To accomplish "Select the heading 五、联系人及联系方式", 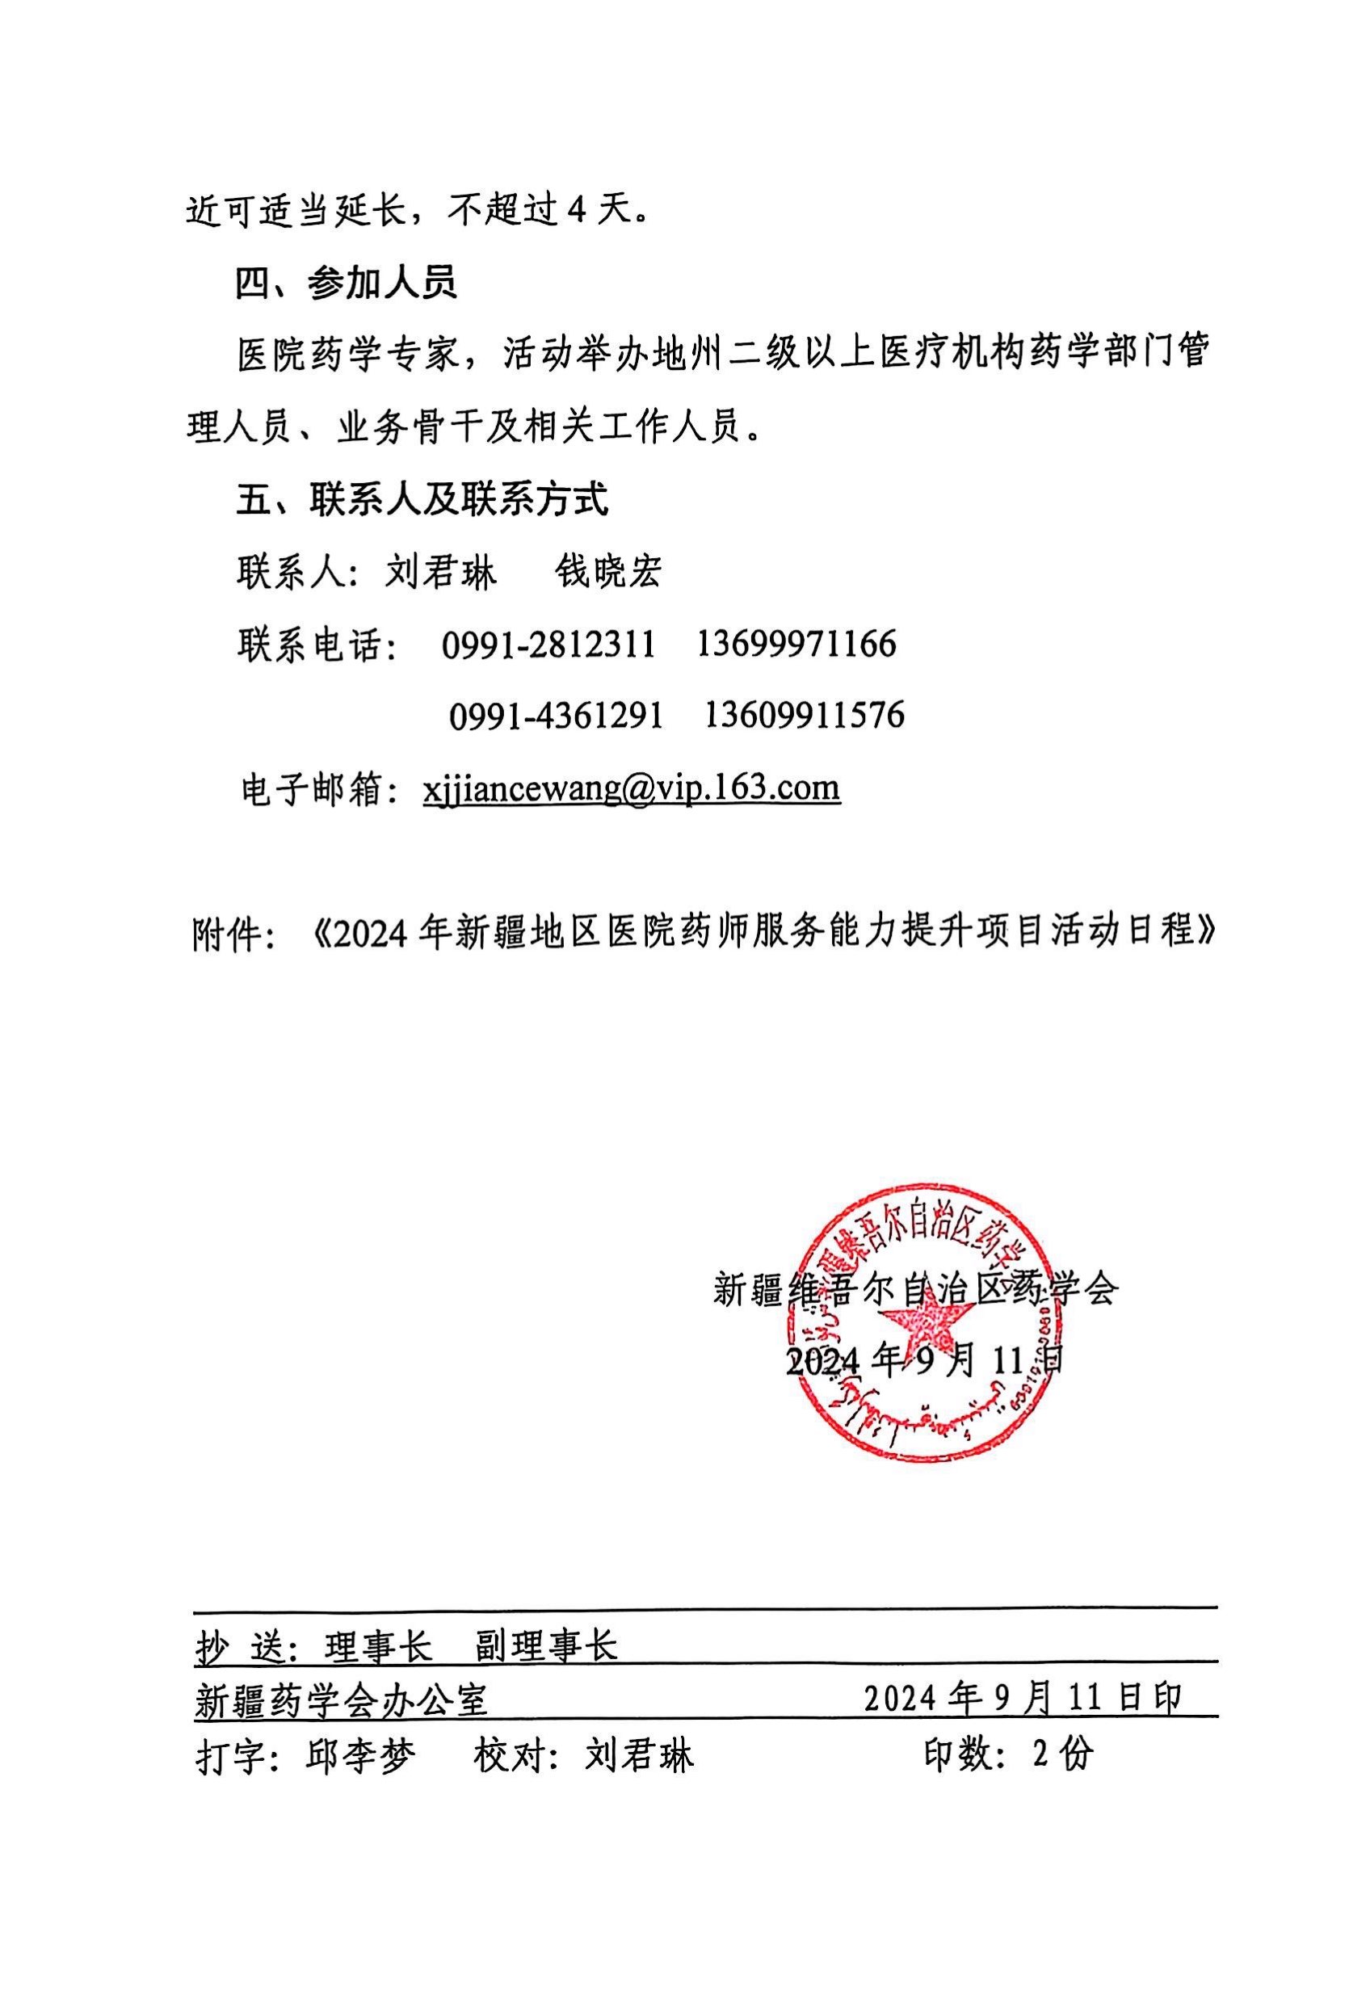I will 422,499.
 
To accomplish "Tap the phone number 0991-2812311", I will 548,645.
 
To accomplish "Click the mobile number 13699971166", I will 796,644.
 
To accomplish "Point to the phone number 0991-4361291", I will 556,716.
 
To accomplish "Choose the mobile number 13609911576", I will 805,715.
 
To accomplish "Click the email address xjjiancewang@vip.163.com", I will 631,788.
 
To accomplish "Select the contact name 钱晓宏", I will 607,572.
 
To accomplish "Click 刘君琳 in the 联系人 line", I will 440,572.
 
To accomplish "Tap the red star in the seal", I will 931,1337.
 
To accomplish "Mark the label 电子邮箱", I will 313,789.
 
